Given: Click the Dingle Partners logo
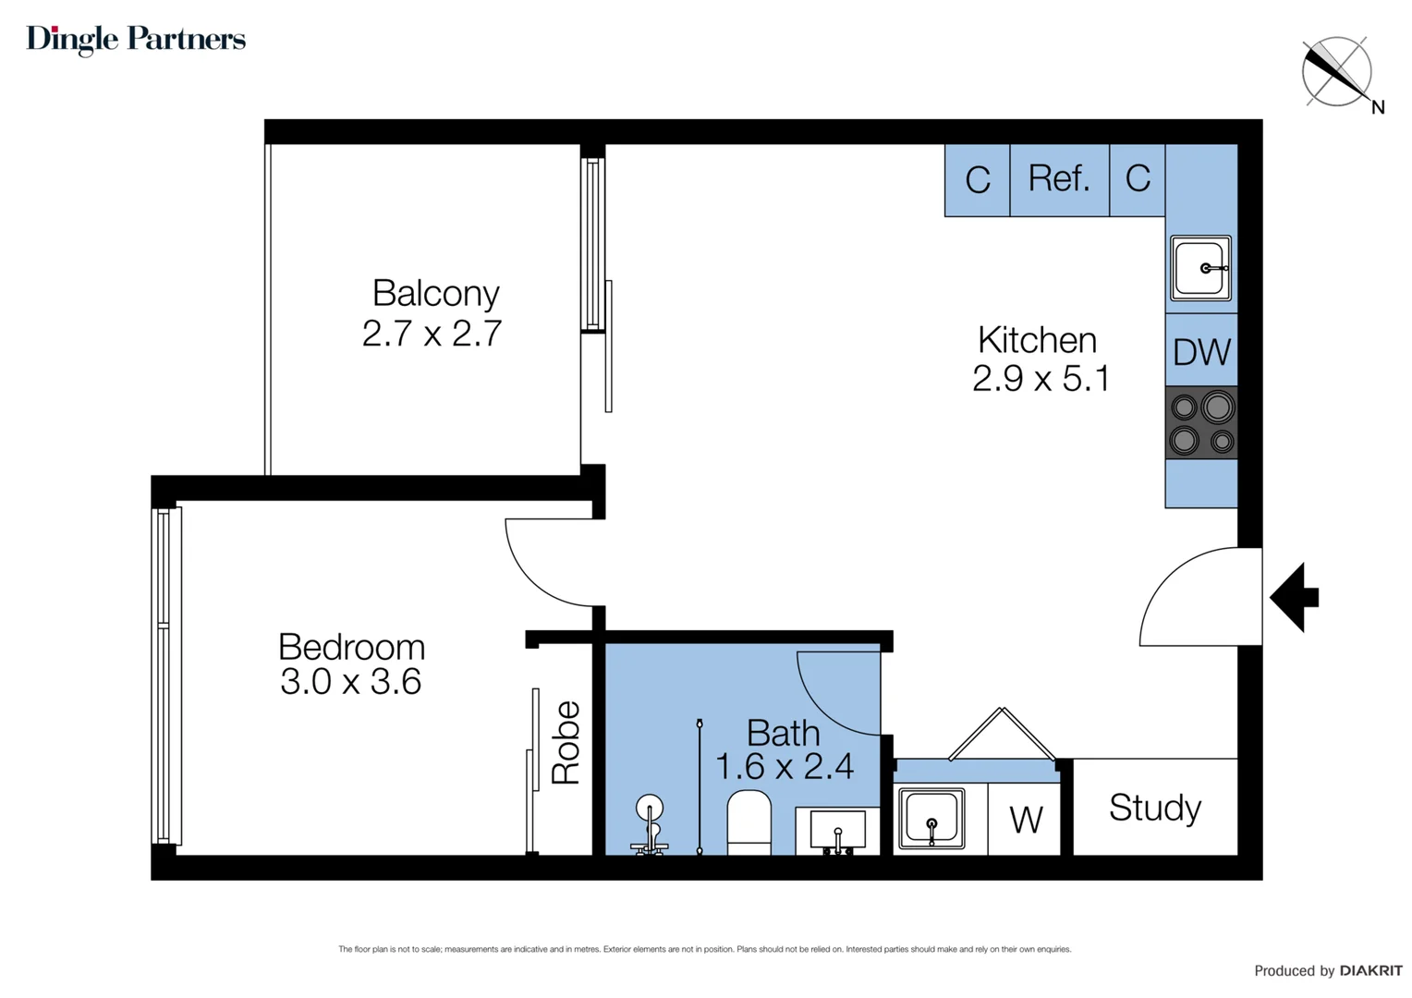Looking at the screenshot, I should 136,39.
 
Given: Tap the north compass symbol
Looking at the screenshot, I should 1337,72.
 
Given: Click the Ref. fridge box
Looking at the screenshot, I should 1059,179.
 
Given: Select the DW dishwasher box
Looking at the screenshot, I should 1201,351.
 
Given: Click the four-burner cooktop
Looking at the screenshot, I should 1201,422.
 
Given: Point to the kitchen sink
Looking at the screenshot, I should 1201,268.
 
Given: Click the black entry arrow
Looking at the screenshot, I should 1296,597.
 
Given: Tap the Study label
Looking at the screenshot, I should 1154,808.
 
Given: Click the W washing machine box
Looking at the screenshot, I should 1026,820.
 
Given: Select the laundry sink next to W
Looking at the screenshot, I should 931,818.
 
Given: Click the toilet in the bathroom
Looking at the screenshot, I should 749,821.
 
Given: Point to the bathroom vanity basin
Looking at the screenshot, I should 837,830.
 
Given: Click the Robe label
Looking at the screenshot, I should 566,743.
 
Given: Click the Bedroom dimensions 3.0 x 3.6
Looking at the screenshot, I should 351,683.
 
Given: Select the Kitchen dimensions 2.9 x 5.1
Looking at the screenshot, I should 1041,379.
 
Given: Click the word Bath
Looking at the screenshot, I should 783,733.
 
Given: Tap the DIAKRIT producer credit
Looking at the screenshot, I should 1370,970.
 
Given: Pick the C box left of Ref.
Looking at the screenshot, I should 977,179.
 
